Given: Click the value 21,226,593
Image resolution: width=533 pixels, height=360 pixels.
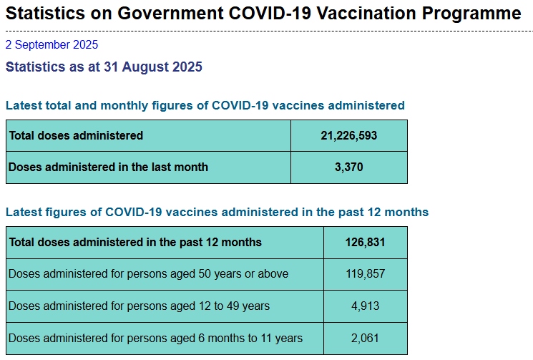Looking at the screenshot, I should (348, 135).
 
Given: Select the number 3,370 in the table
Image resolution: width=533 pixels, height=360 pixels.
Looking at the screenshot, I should (348, 167).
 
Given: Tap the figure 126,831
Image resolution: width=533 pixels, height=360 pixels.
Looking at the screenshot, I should (365, 242).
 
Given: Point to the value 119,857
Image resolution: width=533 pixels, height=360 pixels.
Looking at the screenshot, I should (365, 273).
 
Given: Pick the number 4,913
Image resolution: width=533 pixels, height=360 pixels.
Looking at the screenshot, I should (365, 306).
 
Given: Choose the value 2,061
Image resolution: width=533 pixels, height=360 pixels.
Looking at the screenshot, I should (365, 338).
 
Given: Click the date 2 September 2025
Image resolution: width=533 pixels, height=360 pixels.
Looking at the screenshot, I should (52, 44).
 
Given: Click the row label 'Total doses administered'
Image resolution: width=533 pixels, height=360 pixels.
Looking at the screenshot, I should (76, 135).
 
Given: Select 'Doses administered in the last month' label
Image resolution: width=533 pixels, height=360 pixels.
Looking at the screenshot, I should (108, 167).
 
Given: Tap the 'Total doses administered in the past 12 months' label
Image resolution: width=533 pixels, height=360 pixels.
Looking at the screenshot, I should (135, 242).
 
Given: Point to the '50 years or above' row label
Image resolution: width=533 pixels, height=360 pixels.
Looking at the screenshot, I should (148, 273).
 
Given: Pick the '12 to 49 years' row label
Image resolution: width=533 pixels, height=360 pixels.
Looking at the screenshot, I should (139, 306).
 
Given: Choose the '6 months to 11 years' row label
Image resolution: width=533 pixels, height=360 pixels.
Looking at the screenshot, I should (155, 338).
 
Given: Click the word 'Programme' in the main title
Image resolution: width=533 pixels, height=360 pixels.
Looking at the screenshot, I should (469, 14).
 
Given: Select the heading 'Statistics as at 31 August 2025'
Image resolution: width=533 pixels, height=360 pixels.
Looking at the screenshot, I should (104, 67).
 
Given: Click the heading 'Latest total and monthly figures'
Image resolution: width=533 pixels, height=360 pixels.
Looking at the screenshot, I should (205, 105).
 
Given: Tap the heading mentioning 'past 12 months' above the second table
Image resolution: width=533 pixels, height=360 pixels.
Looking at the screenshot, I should (217, 212).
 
